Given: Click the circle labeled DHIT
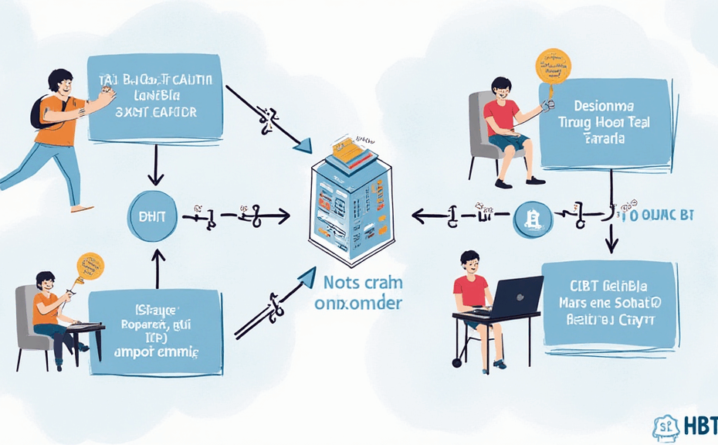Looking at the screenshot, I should tap(151, 217).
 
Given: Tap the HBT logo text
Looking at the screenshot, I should tap(699, 426).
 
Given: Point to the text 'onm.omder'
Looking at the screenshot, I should tap(357, 304).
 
